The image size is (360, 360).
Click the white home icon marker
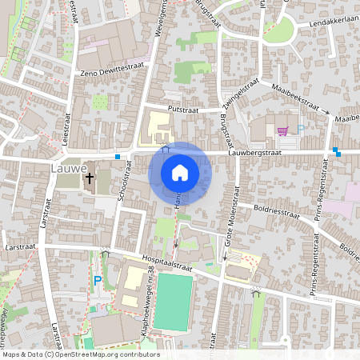pyautogui.click(x=180, y=173)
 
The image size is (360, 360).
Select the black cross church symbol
pyautogui.click(x=90, y=178)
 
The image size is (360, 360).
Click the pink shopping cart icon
pyautogui.click(x=282, y=131)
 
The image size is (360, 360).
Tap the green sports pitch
pyautogui.click(x=173, y=302)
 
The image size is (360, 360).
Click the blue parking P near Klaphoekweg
pyautogui.click(x=98, y=281)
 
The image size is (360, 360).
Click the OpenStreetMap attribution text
pyautogui.click(x=80, y=354)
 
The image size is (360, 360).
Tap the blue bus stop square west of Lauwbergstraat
pyautogui.click(x=118, y=157)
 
